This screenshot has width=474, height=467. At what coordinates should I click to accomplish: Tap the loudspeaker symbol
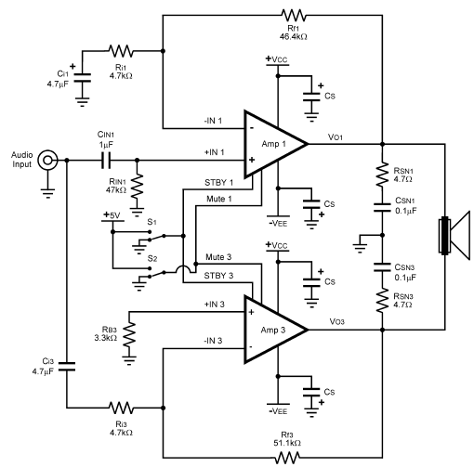click(x=454, y=235)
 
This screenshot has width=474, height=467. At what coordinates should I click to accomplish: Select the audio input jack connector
click(x=47, y=160)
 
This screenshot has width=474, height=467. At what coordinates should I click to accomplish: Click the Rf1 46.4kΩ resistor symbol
click(x=293, y=15)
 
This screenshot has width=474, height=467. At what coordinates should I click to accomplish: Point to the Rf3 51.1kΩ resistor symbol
click(x=288, y=457)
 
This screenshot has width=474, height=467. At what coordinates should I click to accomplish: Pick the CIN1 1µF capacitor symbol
click(x=106, y=160)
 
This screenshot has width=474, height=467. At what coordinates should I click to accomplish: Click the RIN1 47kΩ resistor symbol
click(x=138, y=186)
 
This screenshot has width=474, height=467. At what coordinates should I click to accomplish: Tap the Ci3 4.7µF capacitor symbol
click(x=67, y=367)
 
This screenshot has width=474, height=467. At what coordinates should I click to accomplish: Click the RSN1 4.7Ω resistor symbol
click(x=382, y=174)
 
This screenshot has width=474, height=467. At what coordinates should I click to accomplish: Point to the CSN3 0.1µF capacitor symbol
click(x=382, y=267)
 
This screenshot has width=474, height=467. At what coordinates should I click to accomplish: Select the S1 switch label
click(x=151, y=222)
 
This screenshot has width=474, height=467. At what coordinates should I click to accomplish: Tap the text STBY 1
click(x=218, y=183)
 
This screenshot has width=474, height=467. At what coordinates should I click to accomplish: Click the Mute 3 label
click(x=218, y=257)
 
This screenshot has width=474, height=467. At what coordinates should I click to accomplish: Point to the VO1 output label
click(x=336, y=136)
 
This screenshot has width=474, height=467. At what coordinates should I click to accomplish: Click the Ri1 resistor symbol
click(x=121, y=51)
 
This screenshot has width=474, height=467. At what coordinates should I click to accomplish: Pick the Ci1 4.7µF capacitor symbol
click(x=82, y=78)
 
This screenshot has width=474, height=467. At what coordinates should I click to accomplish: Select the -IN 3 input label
click(x=213, y=341)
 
